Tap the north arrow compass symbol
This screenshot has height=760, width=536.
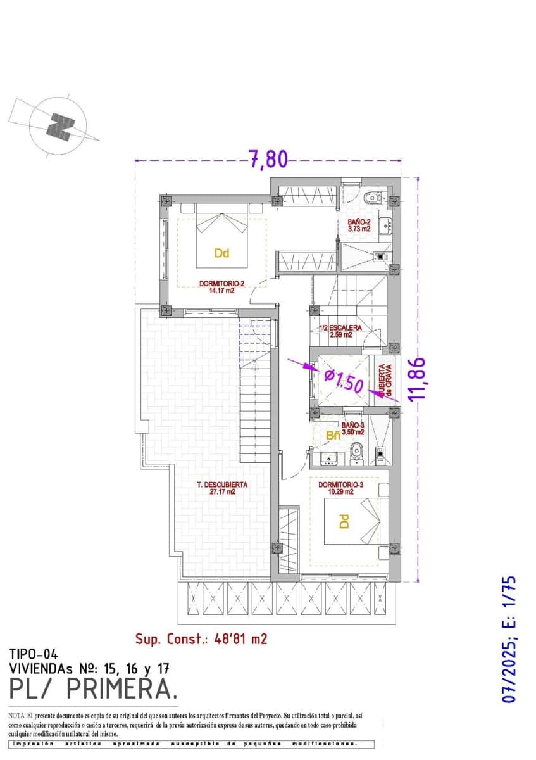(x=60, y=125)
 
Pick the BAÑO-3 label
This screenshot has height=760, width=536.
(x=353, y=428)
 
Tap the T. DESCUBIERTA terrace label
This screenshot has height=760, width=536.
(x=222, y=488)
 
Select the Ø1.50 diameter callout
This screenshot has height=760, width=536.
(x=342, y=383)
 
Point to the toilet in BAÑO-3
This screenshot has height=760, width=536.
(x=356, y=450)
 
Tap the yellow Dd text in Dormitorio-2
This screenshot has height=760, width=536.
(x=221, y=253)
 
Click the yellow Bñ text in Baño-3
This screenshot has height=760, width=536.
(x=333, y=436)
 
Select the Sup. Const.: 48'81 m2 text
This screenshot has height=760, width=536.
(x=201, y=639)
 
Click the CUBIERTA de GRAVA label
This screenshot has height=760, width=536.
(x=385, y=383)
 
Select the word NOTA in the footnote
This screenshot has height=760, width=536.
(x=16, y=714)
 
